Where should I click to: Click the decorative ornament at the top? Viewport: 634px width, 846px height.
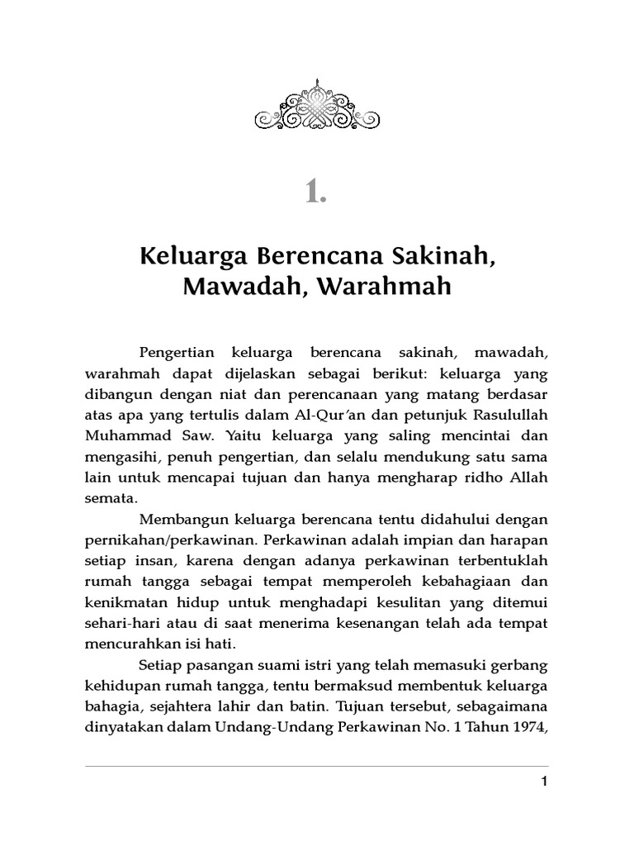coord(317,107)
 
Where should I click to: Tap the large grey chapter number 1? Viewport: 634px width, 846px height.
coord(316,192)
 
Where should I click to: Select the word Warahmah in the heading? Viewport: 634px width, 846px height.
coord(395,288)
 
